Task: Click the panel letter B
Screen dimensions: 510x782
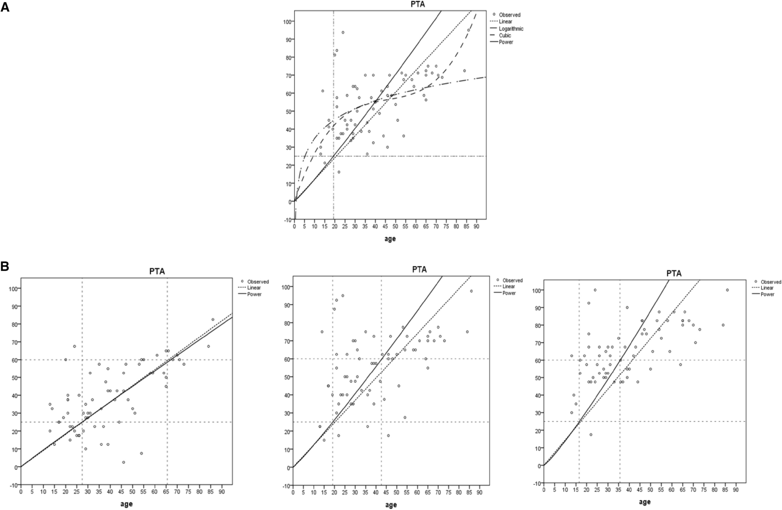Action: (5, 266)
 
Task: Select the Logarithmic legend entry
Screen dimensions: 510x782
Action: (511, 29)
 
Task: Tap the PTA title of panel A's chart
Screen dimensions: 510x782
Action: (390, 5)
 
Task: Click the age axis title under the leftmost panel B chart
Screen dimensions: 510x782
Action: (126, 504)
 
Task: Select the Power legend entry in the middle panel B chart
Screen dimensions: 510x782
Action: (509, 293)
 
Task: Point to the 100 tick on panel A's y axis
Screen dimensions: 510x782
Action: (287, 21)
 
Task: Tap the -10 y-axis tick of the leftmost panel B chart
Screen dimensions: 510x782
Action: (13, 485)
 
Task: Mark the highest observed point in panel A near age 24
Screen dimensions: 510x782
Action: (343, 32)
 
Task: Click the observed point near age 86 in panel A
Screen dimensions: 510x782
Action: (468, 30)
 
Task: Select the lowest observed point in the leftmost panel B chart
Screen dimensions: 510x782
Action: (124, 463)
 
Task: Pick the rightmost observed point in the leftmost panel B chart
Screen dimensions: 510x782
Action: (213, 320)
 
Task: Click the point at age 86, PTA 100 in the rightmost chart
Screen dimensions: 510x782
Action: (727, 290)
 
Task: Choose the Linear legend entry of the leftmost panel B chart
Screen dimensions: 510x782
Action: (254, 288)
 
